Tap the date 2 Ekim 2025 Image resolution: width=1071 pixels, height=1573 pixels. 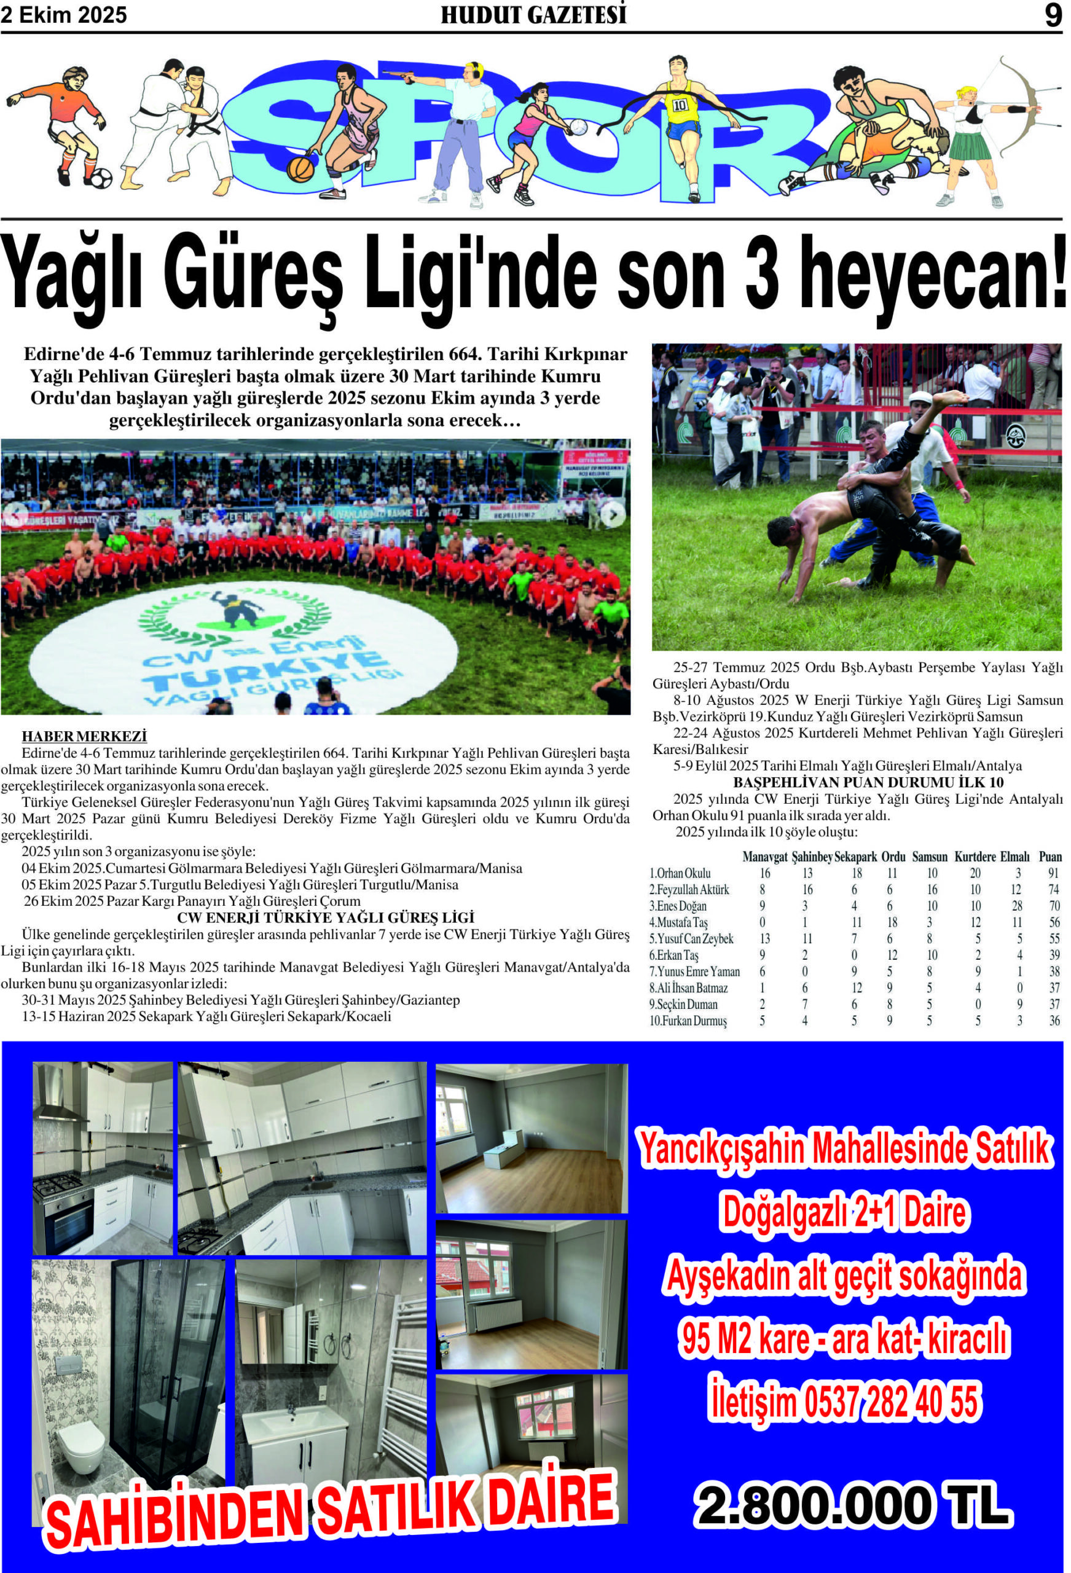point(64,15)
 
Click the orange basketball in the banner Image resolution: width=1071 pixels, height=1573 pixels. point(300,168)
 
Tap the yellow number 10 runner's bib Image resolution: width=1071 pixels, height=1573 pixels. point(680,104)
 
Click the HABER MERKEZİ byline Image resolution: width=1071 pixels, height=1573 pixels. point(84,736)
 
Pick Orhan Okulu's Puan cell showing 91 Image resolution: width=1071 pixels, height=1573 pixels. point(1054,873)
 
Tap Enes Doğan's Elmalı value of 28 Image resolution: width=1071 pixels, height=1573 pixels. point(1019,906)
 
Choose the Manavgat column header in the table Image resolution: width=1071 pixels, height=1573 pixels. point(765,857)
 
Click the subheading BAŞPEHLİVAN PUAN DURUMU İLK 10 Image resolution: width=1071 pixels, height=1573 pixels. point(858,782)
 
